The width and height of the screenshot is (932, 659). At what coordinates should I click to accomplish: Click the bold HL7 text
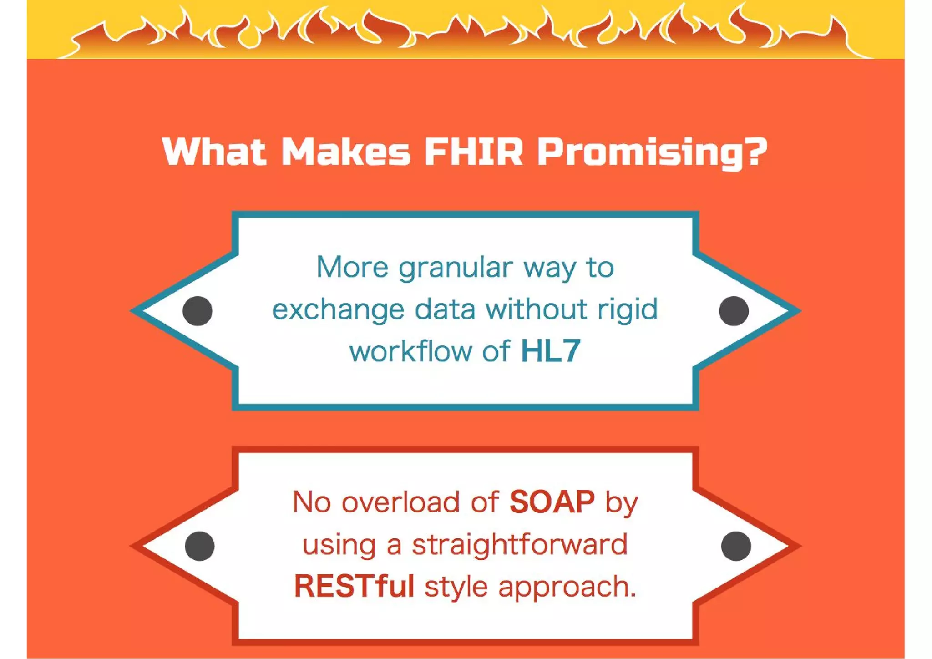point(551,351)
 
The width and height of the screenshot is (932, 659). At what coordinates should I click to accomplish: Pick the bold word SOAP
point(552,502)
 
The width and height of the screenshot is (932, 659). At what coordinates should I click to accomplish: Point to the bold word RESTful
point(354,586)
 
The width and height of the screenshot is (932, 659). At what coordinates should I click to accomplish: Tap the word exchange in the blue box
point(338,310)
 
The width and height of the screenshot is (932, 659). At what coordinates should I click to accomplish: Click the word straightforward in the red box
point(520,544)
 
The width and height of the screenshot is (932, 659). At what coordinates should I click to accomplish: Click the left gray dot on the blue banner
point(198,311)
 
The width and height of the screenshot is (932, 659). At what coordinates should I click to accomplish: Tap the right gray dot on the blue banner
point(734,311)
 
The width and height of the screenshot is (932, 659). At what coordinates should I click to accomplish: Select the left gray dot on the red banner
point(200,546)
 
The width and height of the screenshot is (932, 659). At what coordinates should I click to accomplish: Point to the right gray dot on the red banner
point(736,546)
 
